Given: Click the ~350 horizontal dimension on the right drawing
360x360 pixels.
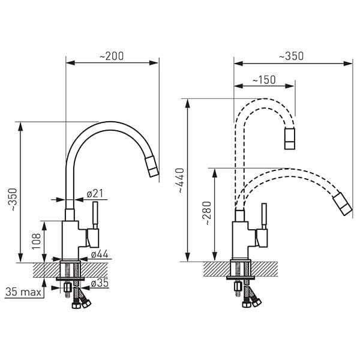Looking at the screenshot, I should coord(291,56).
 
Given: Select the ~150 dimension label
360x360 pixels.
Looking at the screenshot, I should coord(263,80).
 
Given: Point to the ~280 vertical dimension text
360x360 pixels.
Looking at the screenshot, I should coord(207,214).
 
